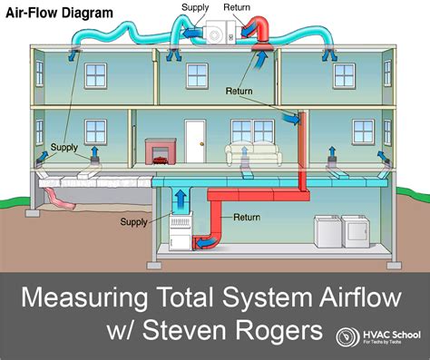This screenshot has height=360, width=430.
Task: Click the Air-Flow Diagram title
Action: (x=58, y=14)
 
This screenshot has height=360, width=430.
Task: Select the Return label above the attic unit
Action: (x=238, y=8)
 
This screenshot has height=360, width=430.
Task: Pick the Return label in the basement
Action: (x=247, y=218)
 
